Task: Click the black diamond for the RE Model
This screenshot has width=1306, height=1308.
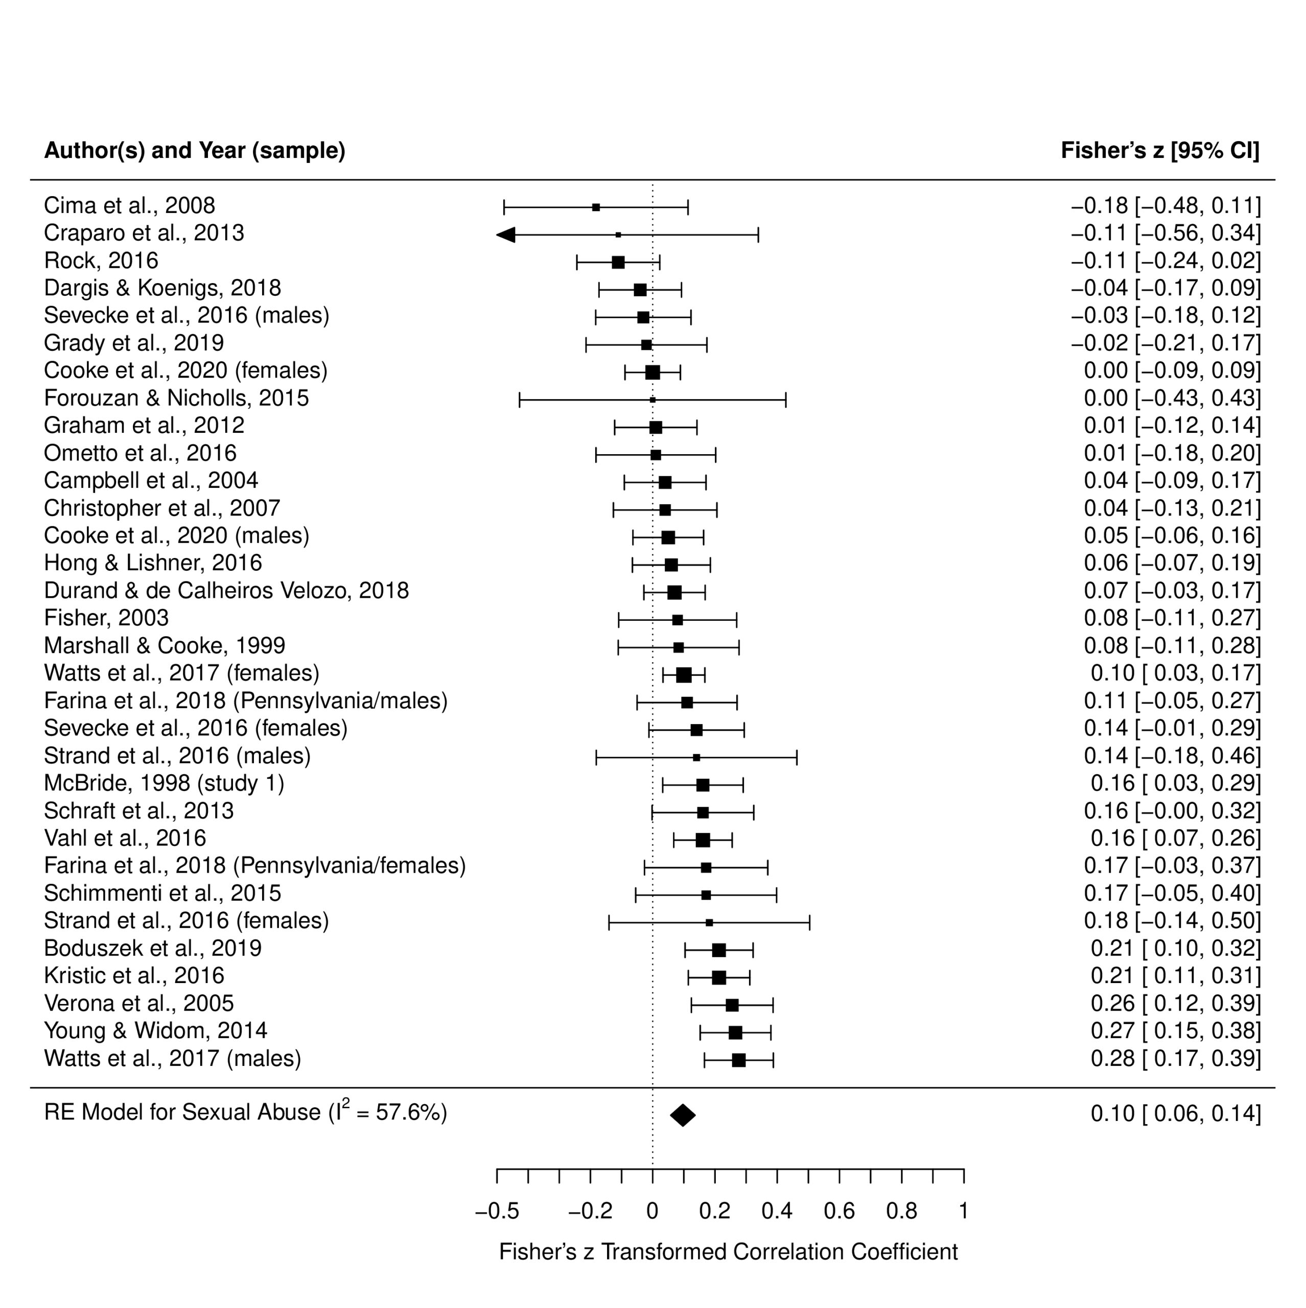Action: (683, 1115)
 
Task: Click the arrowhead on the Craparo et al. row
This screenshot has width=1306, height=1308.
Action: (506, 235)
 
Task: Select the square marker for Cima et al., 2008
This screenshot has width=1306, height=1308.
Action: (596, 207)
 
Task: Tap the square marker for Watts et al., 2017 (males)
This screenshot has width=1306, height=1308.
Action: (739, 1060)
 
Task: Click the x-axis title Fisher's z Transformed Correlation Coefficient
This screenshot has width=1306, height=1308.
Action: (729, 1252)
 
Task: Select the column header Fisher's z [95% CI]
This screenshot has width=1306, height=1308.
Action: (1160, 150)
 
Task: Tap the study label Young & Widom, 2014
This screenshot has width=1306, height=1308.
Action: (156, 1031)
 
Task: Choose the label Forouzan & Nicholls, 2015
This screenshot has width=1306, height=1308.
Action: (177, 398)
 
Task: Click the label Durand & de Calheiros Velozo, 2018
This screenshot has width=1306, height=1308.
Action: (227, 590)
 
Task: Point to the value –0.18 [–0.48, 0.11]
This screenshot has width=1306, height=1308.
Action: (1166, 205)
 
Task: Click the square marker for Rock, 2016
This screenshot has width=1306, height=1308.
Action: (618, 262)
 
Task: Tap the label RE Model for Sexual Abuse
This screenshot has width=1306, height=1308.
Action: (183, 1112)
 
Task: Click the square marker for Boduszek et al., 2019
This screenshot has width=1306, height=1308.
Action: (719, 950)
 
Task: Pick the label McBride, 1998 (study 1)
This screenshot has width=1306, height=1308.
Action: (165, 783)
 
